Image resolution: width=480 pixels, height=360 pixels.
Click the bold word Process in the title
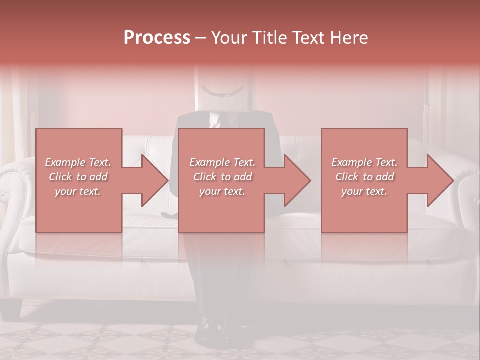(157, 38)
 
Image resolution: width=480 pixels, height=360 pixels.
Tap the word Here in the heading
(350, 38)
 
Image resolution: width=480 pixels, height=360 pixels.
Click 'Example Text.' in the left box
(78, 162)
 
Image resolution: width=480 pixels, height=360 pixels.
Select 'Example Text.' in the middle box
(222, 162)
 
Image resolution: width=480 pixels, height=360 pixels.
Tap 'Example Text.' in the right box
(364, 162)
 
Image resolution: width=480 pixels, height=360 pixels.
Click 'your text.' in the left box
(78, 191)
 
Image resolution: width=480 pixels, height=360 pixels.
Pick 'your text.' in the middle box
(222, 191)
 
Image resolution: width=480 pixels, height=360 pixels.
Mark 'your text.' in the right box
(364, 191)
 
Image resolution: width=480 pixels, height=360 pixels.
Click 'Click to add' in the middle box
(222, 177)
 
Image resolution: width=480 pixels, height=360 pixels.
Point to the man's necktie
(215, 120)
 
